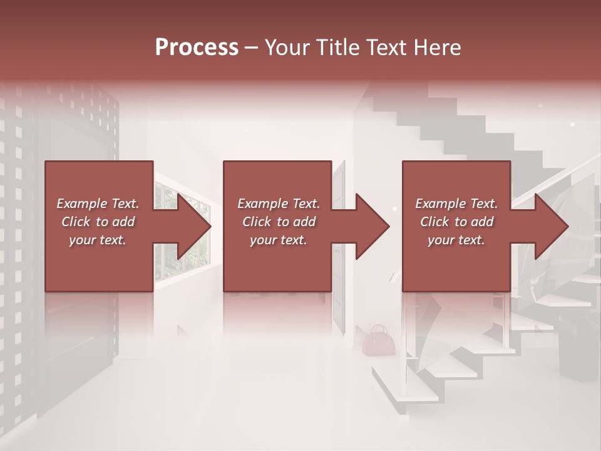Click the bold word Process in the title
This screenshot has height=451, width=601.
197,48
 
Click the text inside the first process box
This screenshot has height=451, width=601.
98,222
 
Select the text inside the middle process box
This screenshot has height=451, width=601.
278,222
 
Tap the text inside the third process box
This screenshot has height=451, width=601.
456,222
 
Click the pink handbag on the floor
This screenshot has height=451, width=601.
377,340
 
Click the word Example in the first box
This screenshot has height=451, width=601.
81,204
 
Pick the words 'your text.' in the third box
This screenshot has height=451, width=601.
456,240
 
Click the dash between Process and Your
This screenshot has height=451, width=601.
251,48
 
